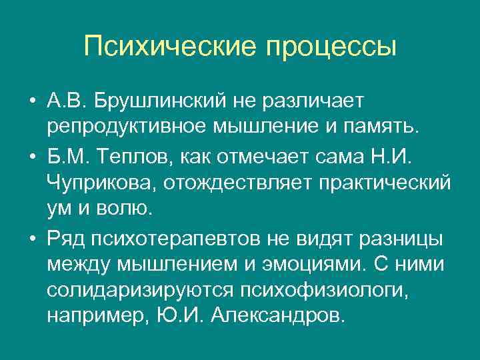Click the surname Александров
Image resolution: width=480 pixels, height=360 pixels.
(x=277, y=315)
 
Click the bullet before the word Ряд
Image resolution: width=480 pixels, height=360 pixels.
(x=31, y=239)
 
